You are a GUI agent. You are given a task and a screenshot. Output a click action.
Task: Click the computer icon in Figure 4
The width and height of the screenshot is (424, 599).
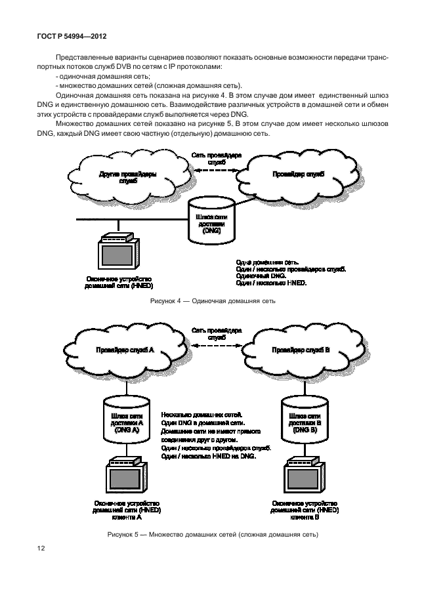[119, 253]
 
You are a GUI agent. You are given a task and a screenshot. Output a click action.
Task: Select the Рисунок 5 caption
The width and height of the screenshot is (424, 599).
[213, 535]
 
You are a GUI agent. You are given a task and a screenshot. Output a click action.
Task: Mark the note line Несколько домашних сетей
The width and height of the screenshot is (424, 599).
[201, 415]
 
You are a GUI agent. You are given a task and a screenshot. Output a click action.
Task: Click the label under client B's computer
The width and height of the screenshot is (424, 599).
[304, 510]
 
